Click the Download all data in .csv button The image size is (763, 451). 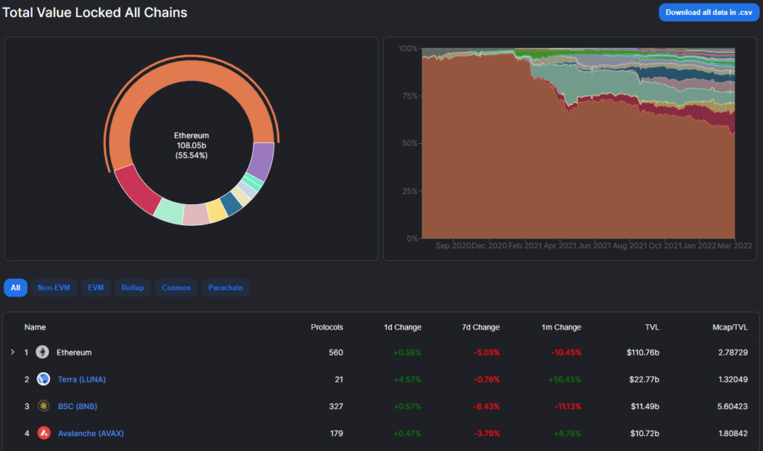click(709, 12)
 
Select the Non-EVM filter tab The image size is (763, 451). click(54, 288)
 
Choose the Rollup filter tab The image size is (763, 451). click(133, 288)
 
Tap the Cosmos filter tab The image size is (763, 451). click(176, 288)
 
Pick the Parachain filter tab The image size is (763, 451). click(225, 288)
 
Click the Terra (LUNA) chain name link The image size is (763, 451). click(82, 379)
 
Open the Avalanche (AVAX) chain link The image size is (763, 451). click(90, 433)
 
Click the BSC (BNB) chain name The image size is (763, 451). click(77, 406)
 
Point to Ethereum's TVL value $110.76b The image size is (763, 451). click(643, 352)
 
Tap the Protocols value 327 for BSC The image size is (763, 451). click(336, 406)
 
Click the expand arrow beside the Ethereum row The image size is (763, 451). click(12, 352)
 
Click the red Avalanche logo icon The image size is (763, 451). click(44, 433)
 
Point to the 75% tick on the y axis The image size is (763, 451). click(408, 95)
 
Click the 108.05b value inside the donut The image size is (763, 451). click(191, 145)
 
